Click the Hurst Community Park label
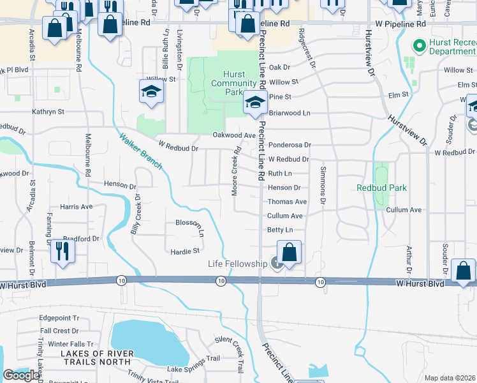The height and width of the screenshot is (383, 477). [233, 84]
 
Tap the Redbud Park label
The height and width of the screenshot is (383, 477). [381, 188]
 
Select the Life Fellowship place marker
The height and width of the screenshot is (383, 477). [275, 263]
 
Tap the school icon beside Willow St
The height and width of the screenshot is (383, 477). [151, 91]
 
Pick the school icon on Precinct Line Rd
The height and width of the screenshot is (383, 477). [255, 101]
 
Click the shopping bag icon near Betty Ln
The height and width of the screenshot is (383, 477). [289, 252]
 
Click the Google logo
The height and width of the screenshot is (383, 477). [21, 375]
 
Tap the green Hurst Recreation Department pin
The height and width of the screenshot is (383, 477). [419, 45]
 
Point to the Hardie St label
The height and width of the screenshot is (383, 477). [186, 252]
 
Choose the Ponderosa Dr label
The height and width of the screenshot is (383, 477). [290, 146]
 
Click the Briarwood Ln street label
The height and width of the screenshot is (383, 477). [289, 112]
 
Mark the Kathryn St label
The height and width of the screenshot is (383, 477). [48, 112]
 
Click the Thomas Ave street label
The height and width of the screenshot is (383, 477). [288, 202]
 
